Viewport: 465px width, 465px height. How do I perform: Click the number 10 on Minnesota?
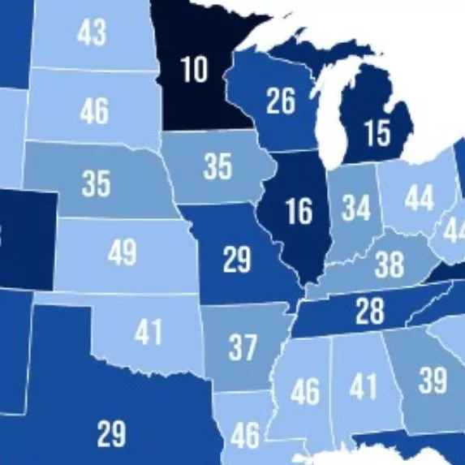194,70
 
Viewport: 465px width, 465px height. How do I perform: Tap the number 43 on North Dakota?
92,32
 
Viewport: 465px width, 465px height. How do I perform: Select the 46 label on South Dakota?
94,110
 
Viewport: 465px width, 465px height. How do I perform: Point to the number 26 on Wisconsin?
280,101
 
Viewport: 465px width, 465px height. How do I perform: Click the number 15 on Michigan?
377,133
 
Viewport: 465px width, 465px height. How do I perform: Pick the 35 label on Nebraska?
96,183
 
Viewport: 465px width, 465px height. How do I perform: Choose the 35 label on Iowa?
217,166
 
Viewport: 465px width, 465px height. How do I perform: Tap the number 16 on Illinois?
299,211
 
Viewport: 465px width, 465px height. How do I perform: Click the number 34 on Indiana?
355,209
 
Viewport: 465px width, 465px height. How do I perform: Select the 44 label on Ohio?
419,197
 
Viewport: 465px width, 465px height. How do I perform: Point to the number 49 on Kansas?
122,253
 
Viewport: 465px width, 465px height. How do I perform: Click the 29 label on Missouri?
237,262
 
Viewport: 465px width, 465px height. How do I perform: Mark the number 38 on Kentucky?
390,265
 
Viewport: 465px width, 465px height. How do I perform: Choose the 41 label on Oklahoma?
149,333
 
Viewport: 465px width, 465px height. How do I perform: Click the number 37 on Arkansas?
242,347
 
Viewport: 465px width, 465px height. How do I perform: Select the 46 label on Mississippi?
305,393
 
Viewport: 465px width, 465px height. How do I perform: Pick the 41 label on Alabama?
364,385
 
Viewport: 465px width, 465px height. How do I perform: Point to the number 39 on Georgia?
433,378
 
